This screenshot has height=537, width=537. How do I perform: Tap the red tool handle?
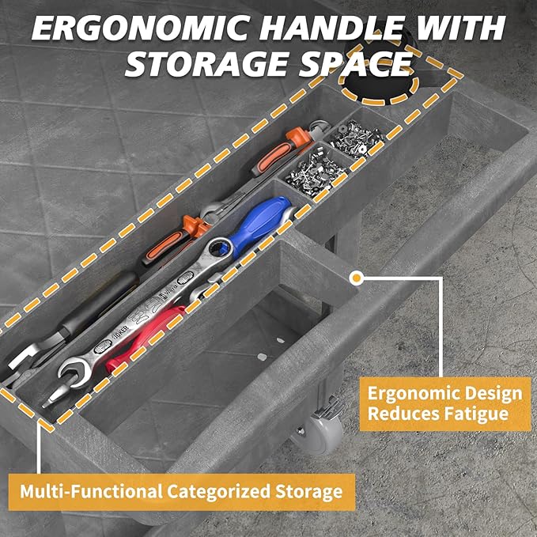[x=144, y=338]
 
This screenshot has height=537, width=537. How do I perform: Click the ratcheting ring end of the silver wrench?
[x=219, y=248]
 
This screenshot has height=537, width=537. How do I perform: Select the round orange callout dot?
[x=357, y=278]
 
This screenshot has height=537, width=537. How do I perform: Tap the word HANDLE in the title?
[x=330, y=28]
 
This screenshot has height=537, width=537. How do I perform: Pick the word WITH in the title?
[x=458, y=28]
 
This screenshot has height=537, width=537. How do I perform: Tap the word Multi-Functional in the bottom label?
[x=91, y=491]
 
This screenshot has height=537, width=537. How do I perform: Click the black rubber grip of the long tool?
[x=100, y=301]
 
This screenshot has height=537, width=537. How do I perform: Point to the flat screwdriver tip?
[x=49, y=402]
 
